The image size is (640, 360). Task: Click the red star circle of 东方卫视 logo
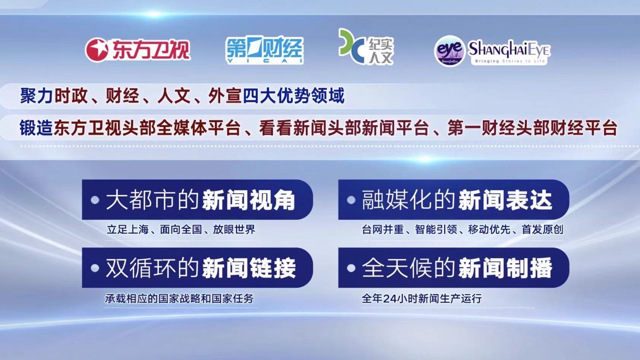(97, 50)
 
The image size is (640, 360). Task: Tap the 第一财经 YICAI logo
(265, 50)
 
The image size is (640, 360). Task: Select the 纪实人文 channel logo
(366, 47)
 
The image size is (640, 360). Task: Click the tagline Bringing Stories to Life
(510, 61)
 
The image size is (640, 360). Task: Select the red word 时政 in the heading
(71, 96)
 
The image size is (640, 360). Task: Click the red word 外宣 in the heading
(225, 96)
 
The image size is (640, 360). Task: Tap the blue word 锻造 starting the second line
(36, 128)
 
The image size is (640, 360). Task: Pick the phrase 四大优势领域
(294, 96)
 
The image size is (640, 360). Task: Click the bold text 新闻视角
(249, 200)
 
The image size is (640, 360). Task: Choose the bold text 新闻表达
(505, 200)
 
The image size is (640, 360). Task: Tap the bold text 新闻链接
(249, 268)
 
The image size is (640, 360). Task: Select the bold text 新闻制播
(505, 268)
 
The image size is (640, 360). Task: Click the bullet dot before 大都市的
(95, 200)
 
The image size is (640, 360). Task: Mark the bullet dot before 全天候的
(351, 268)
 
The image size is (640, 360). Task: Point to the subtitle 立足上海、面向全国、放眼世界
(181, 230)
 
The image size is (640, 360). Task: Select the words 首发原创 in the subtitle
(542, 230)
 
